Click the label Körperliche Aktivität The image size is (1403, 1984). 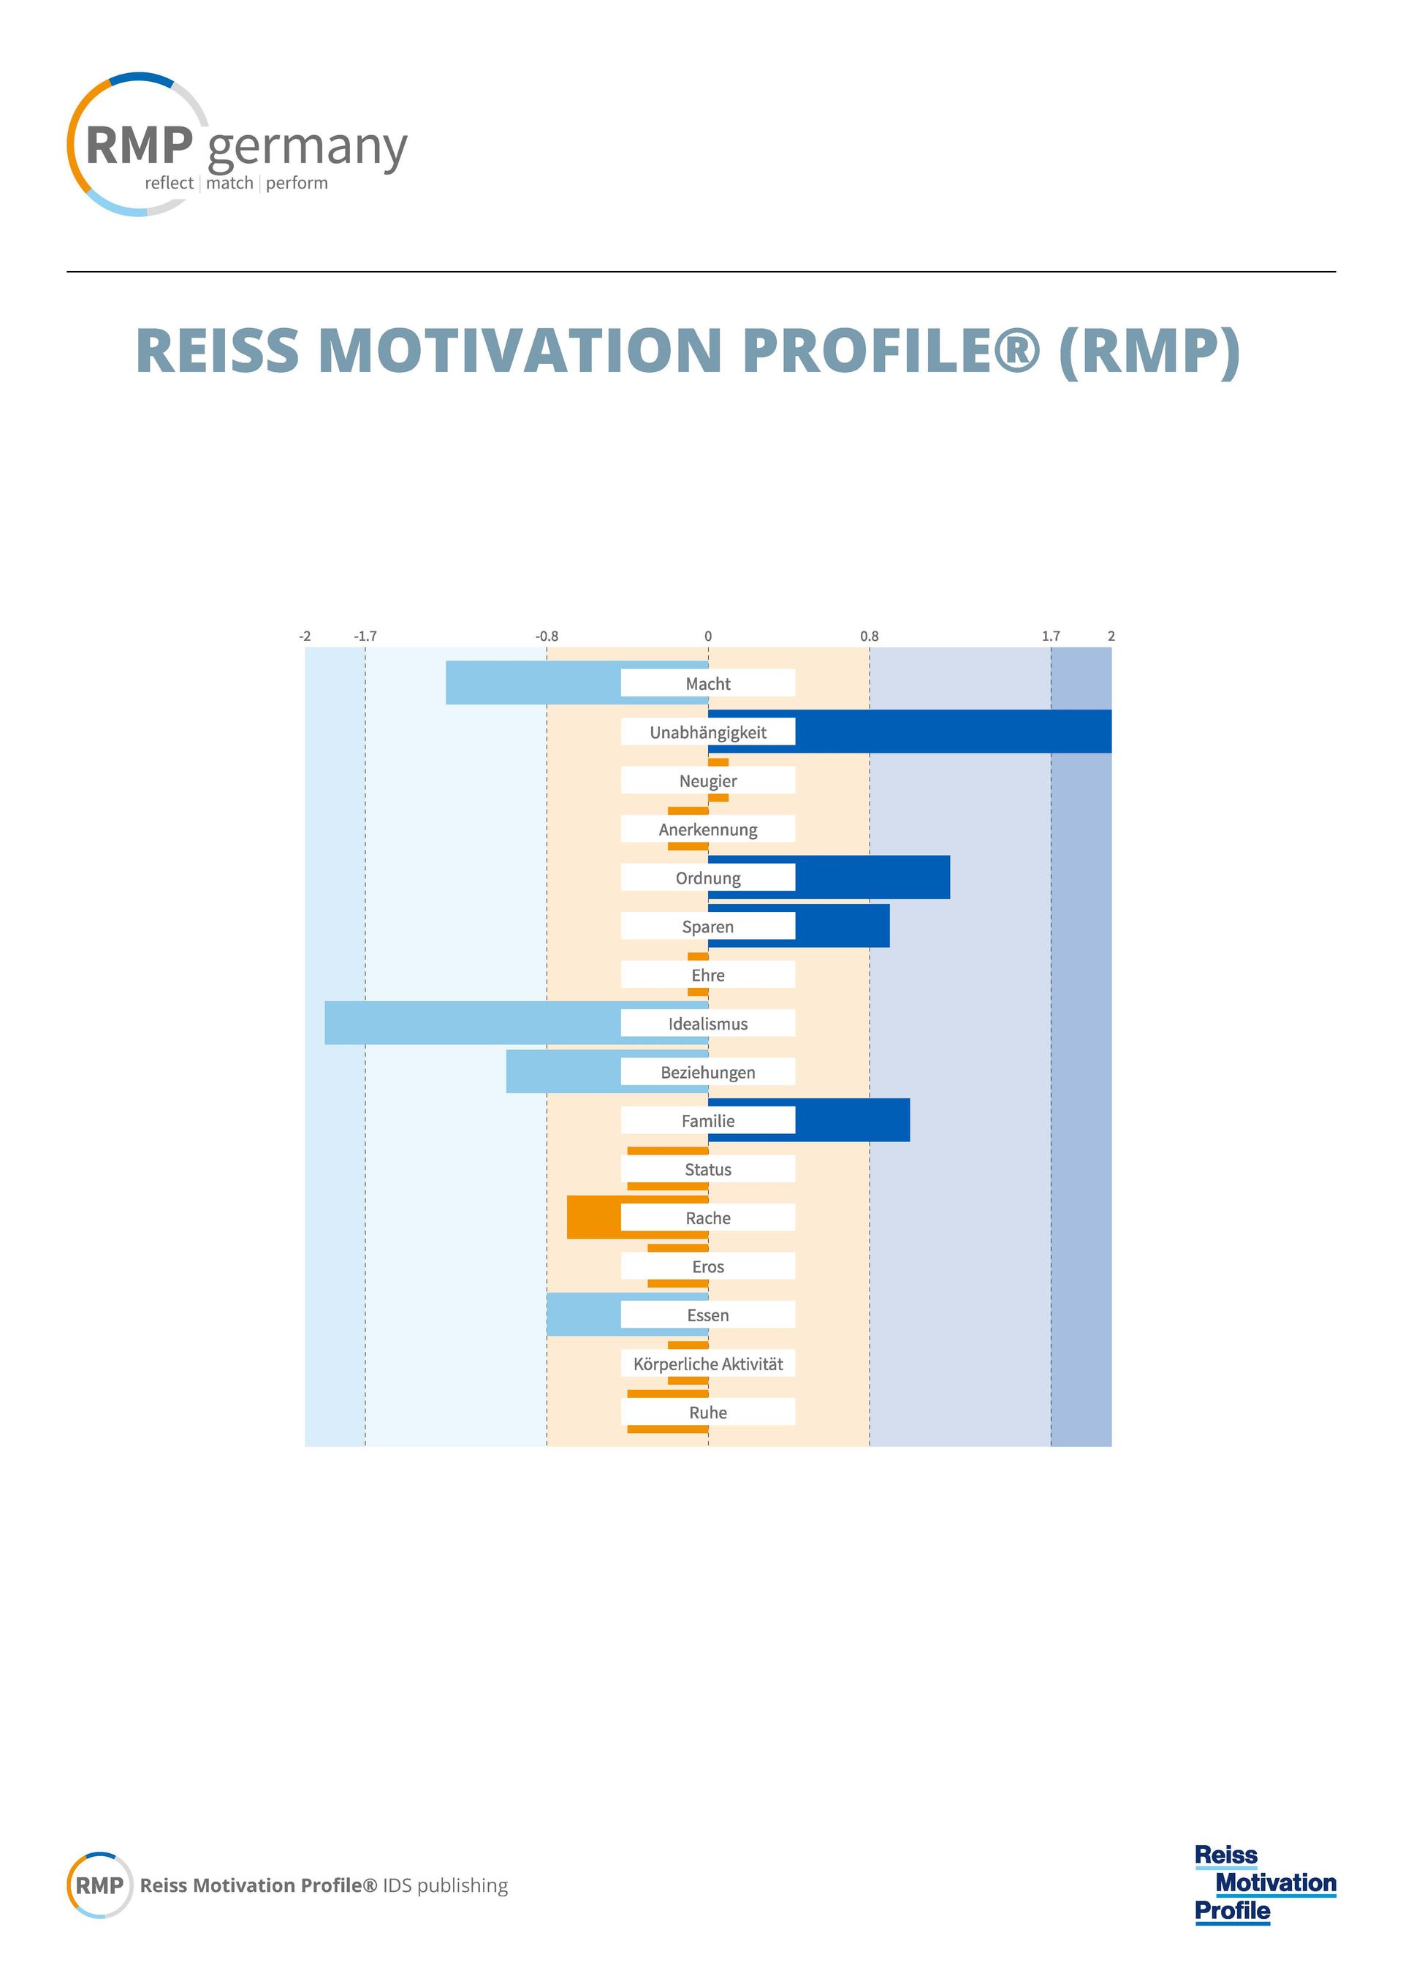point(708,1364)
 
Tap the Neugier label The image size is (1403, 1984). point(708,781)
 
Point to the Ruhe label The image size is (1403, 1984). point(708,1412)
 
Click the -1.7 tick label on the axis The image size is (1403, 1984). point(365,636)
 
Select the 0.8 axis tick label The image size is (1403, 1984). point(869,636)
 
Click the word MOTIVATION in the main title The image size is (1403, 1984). point(520,351)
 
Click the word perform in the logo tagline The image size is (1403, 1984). point(297,183)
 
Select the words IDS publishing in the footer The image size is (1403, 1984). point(445,1885)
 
